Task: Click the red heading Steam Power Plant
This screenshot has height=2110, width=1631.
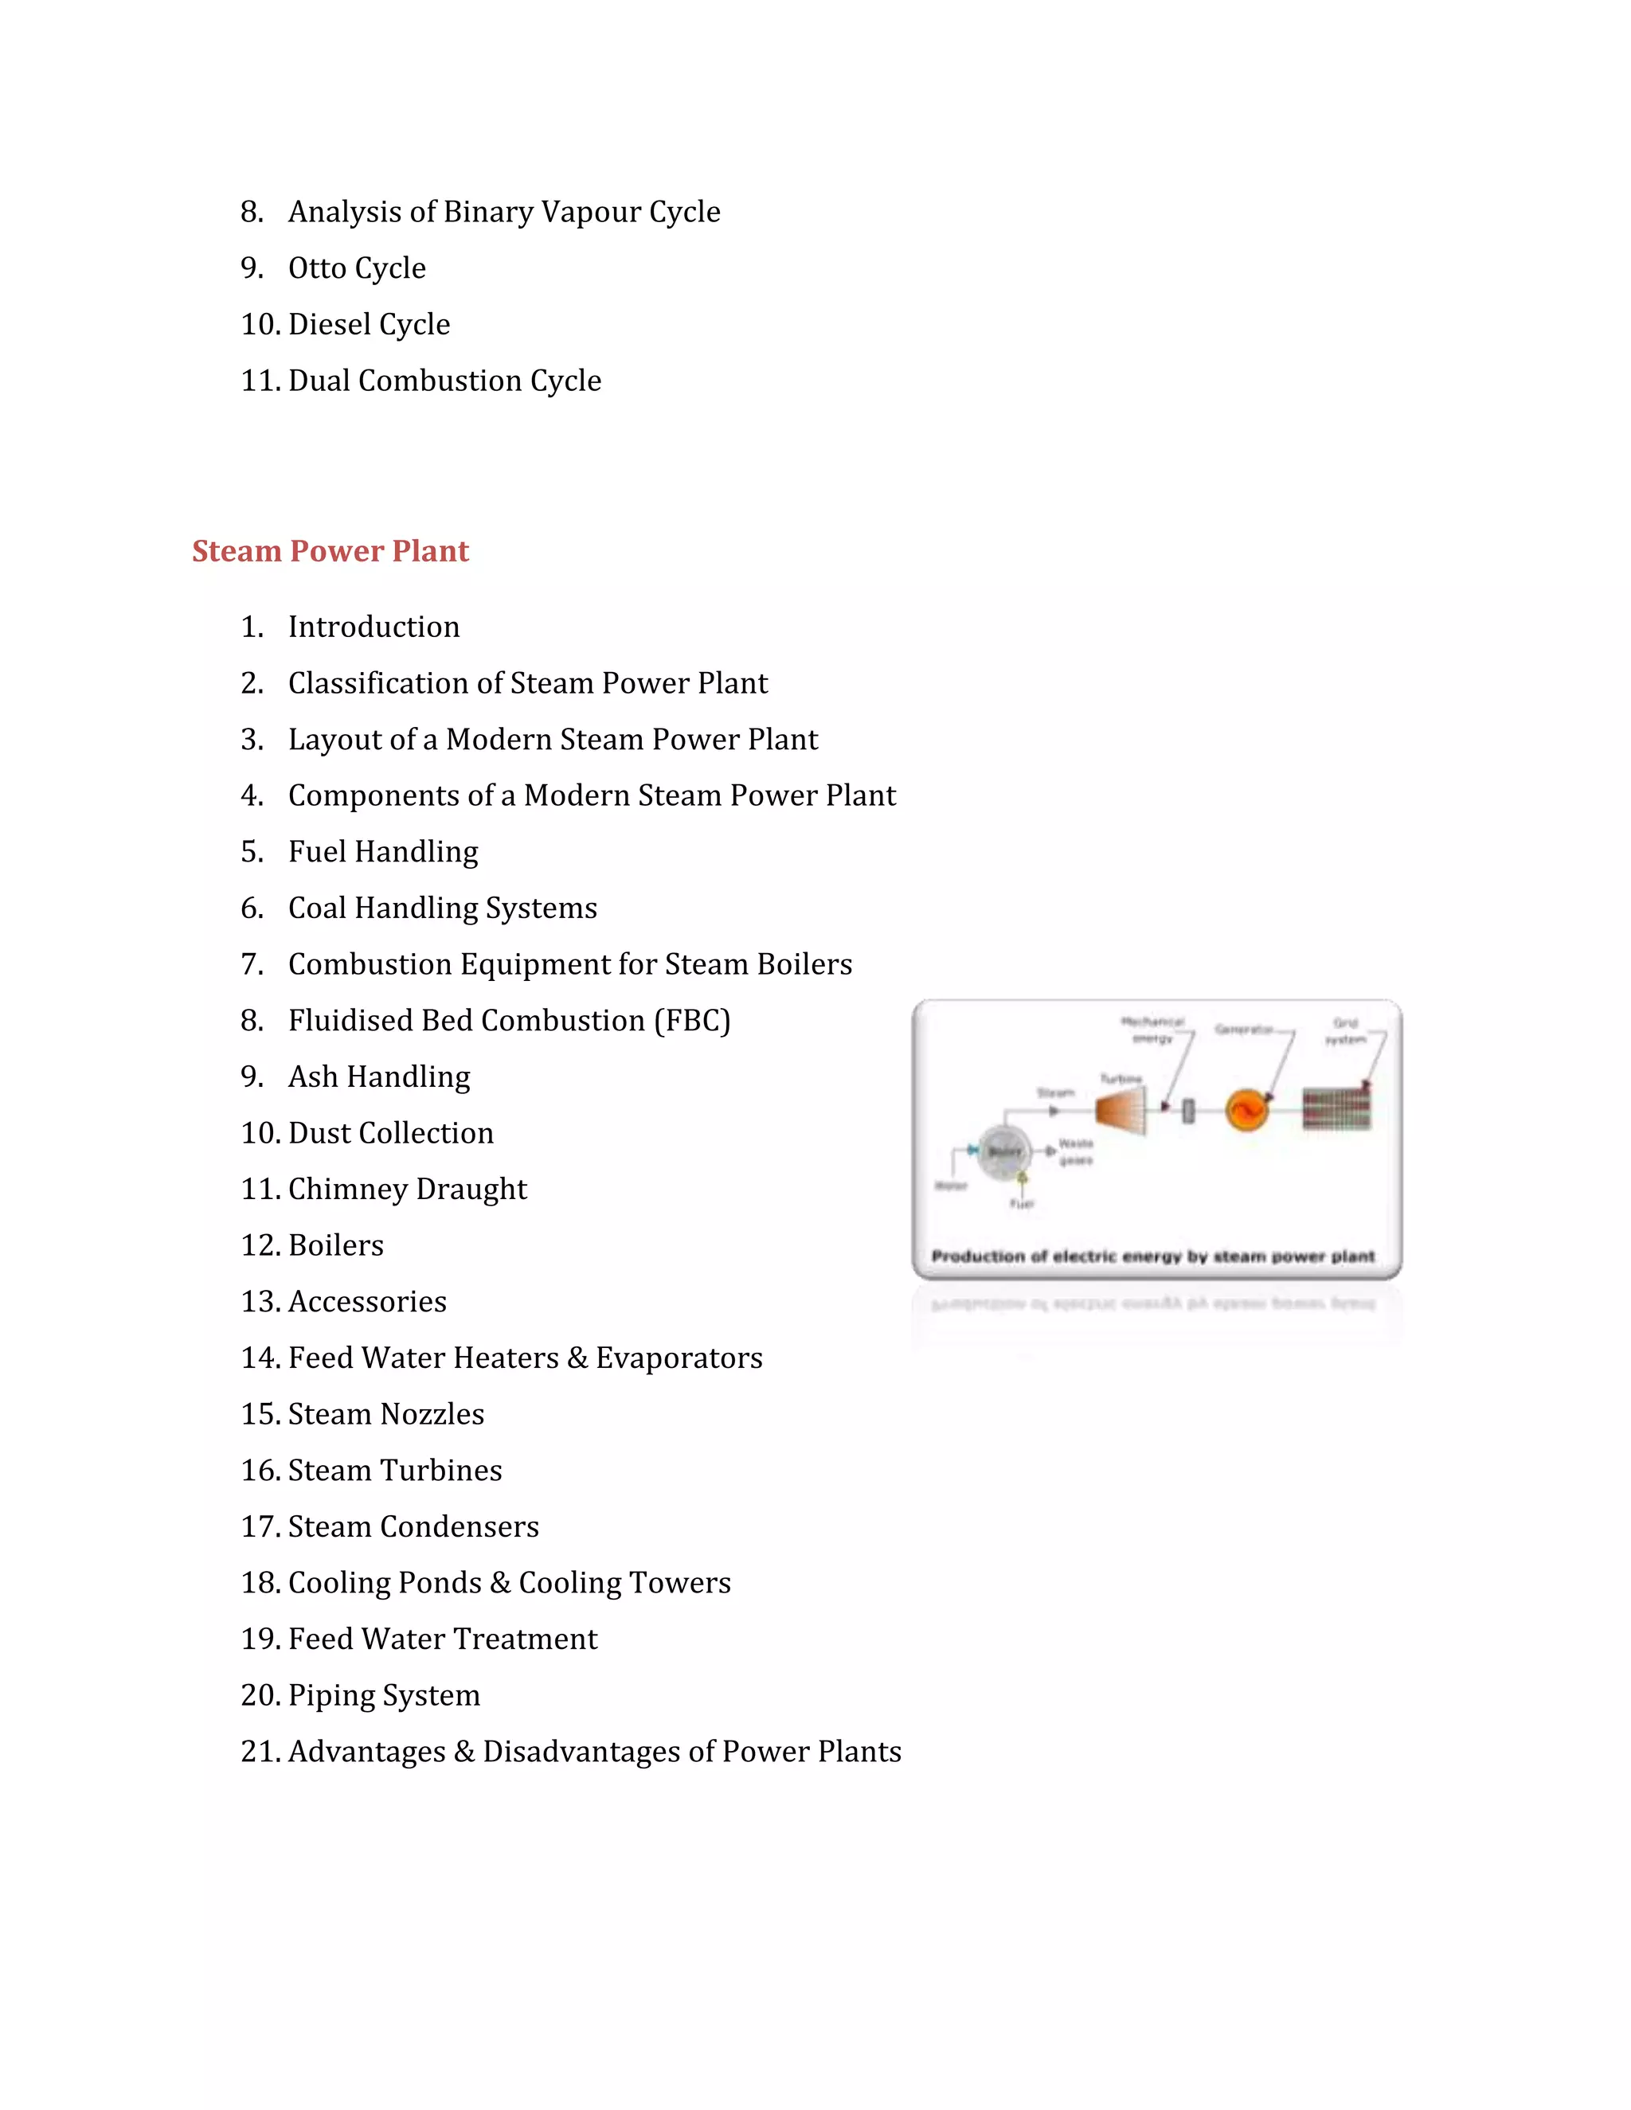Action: (x=330, y=551)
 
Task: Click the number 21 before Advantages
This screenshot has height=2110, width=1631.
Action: (x=259, y=1752)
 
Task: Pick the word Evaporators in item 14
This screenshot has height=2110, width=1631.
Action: (x=679, y=1358)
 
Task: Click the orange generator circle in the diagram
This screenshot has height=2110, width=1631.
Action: (x=1246, y=1109)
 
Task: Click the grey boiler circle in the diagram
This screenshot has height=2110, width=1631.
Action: (x=1004, y=1151)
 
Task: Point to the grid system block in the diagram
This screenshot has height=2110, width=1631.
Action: (x=1336, y=1109)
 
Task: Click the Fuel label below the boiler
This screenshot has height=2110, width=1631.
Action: (x=1021, y=1204)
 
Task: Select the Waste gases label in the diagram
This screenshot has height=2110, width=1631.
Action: (x=1075, y=1151)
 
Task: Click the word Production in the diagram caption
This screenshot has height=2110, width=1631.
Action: (x=977, y=1256)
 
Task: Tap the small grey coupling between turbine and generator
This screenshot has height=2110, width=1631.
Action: (x=1188, y=1111)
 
